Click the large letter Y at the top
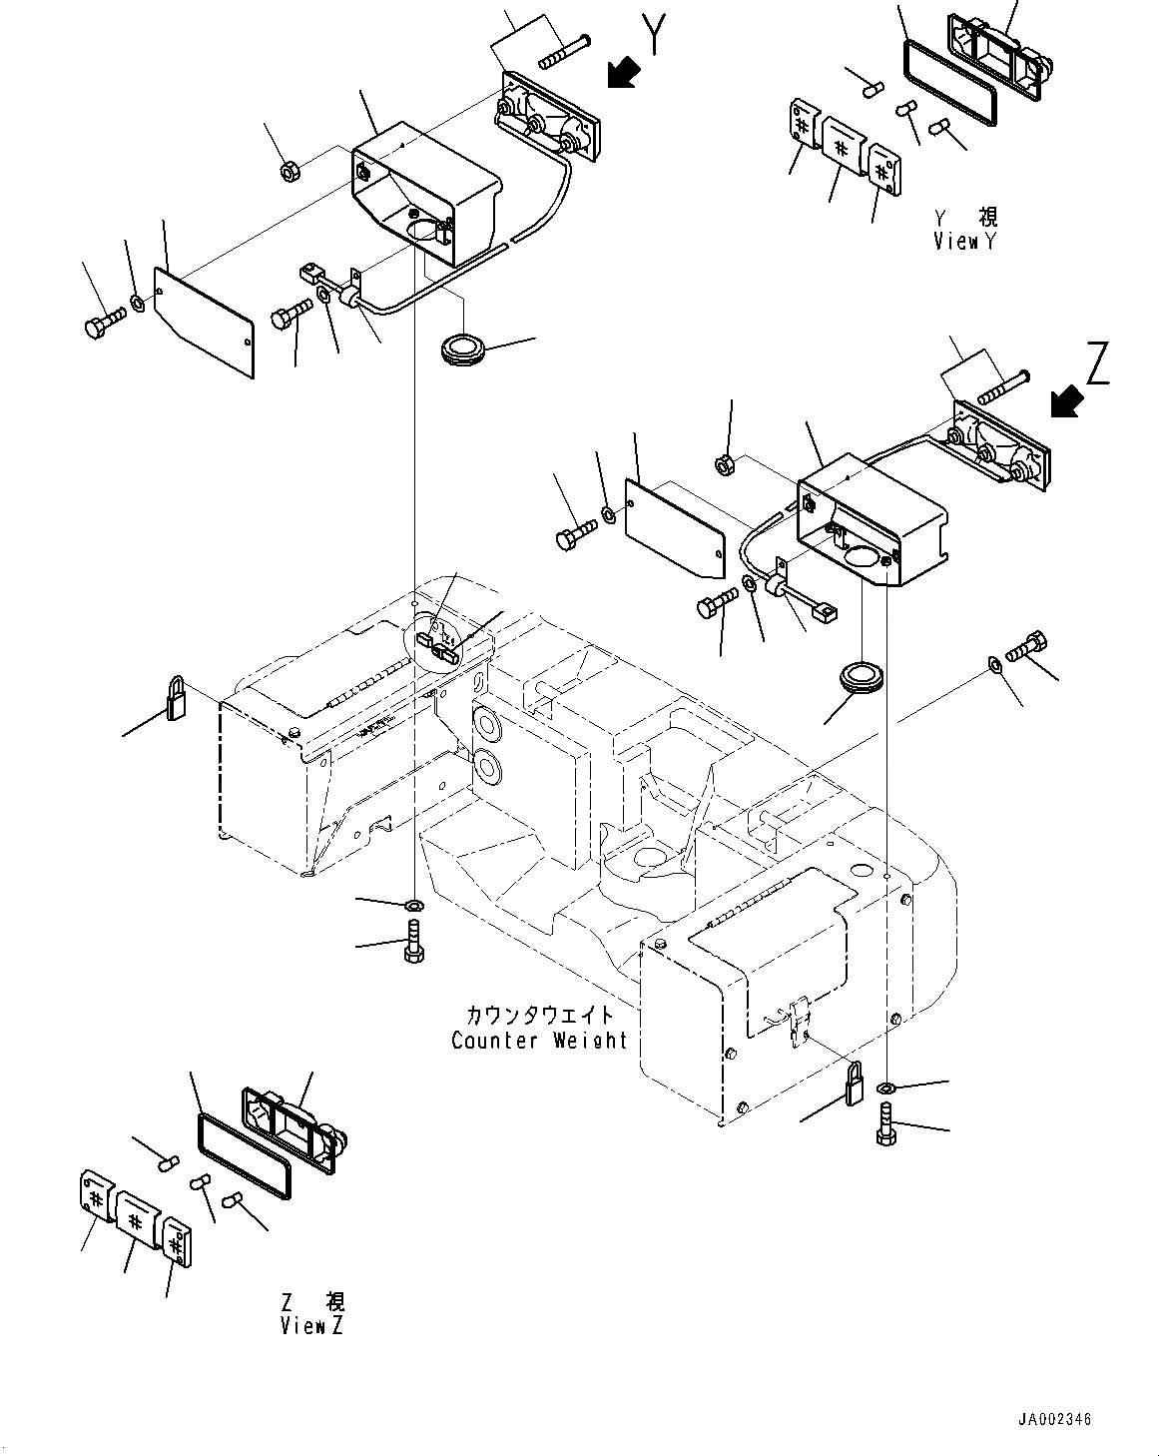654,35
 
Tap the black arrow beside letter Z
1066,401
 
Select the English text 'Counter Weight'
539,1040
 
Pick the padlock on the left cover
177,697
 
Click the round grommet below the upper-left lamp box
461,351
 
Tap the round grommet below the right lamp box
858,676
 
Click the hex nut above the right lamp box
727,464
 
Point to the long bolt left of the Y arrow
565,50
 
